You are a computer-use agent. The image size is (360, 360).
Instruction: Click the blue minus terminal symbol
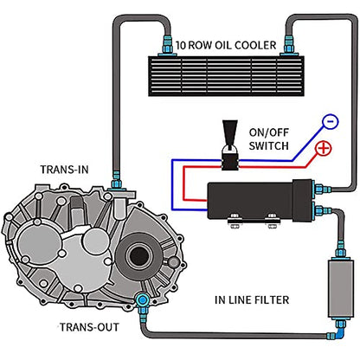[x=330, y=121]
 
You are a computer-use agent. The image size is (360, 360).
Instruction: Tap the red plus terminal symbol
[x=324, y=148]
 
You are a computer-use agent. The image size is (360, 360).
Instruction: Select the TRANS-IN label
[x=64, y=170]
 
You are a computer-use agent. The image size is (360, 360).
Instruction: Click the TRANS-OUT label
[x=89, y=327]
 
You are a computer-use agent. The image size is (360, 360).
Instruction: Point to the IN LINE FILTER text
[x=252, y=300]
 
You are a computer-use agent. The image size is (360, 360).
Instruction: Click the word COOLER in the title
[x=255, y=45]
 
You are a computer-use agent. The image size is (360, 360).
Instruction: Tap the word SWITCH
[x=268, y=145]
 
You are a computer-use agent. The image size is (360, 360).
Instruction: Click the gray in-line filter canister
[x=341, y=288]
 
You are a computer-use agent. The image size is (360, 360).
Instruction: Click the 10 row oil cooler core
[x=226, y=76]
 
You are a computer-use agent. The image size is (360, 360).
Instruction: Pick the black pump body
[x=260, y=201]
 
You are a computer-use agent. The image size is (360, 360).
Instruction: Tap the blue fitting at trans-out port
[x=142, y=301]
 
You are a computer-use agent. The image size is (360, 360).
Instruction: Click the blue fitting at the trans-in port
[x=117, y=181]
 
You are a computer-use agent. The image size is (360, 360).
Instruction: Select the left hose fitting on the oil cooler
[x=167, y=46]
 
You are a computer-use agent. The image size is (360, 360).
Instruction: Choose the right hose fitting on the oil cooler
[x=288, y=45]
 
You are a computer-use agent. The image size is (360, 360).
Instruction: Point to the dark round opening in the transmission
[x=139, y=255]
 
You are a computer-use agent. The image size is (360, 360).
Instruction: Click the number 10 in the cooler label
[x=181, y=45]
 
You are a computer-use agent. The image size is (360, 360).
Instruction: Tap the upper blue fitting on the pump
[x=322, y=190]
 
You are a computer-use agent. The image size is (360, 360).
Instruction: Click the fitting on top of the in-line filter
[x=341, y=250]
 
